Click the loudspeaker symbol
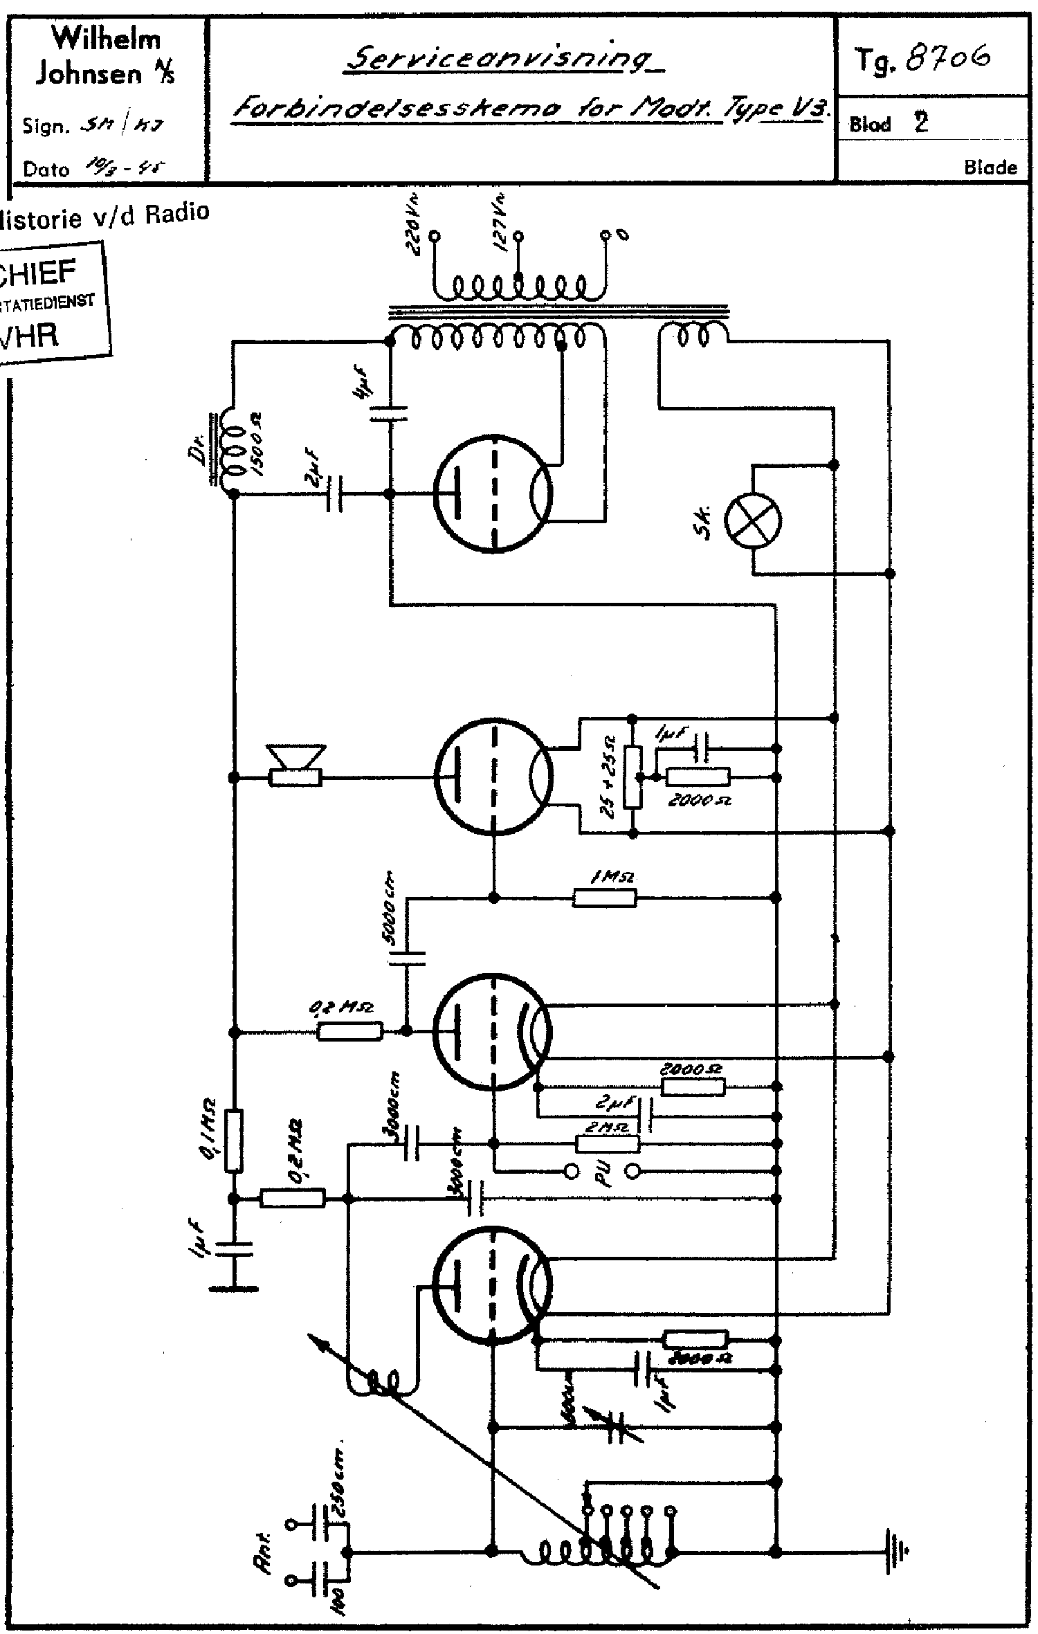(296, 767)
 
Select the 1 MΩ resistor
(604, 898)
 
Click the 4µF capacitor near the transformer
(388, 414)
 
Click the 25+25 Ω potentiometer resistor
(632, 777)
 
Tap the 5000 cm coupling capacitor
(407, 957)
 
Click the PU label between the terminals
(601, 1172)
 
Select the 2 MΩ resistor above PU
(608, 1143)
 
